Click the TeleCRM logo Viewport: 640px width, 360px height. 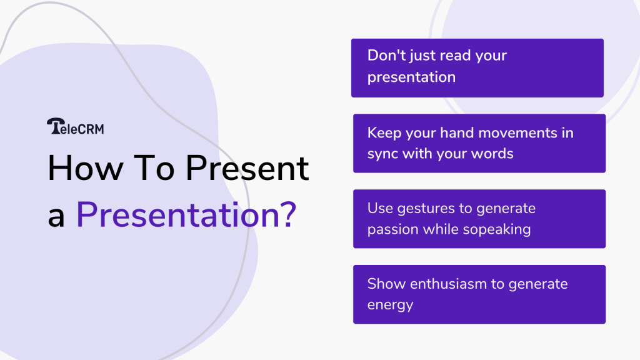pos(75,127)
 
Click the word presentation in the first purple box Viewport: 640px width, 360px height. pos(411,78)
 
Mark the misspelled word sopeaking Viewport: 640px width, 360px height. pos(496,229)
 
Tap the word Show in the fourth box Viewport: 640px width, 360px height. pos(386,284)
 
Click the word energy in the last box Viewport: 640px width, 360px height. pos(390,305)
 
